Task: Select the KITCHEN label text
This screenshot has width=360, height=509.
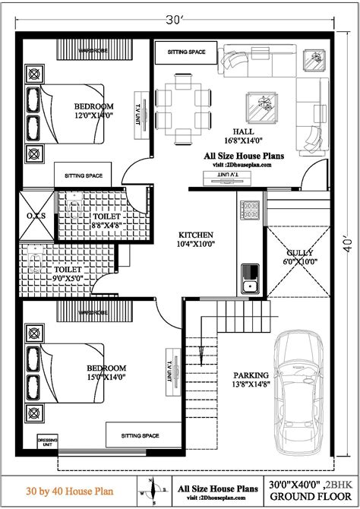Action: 196,235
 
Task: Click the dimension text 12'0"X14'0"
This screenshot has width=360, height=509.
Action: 93,116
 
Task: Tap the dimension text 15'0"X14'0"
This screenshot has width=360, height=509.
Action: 106,376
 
